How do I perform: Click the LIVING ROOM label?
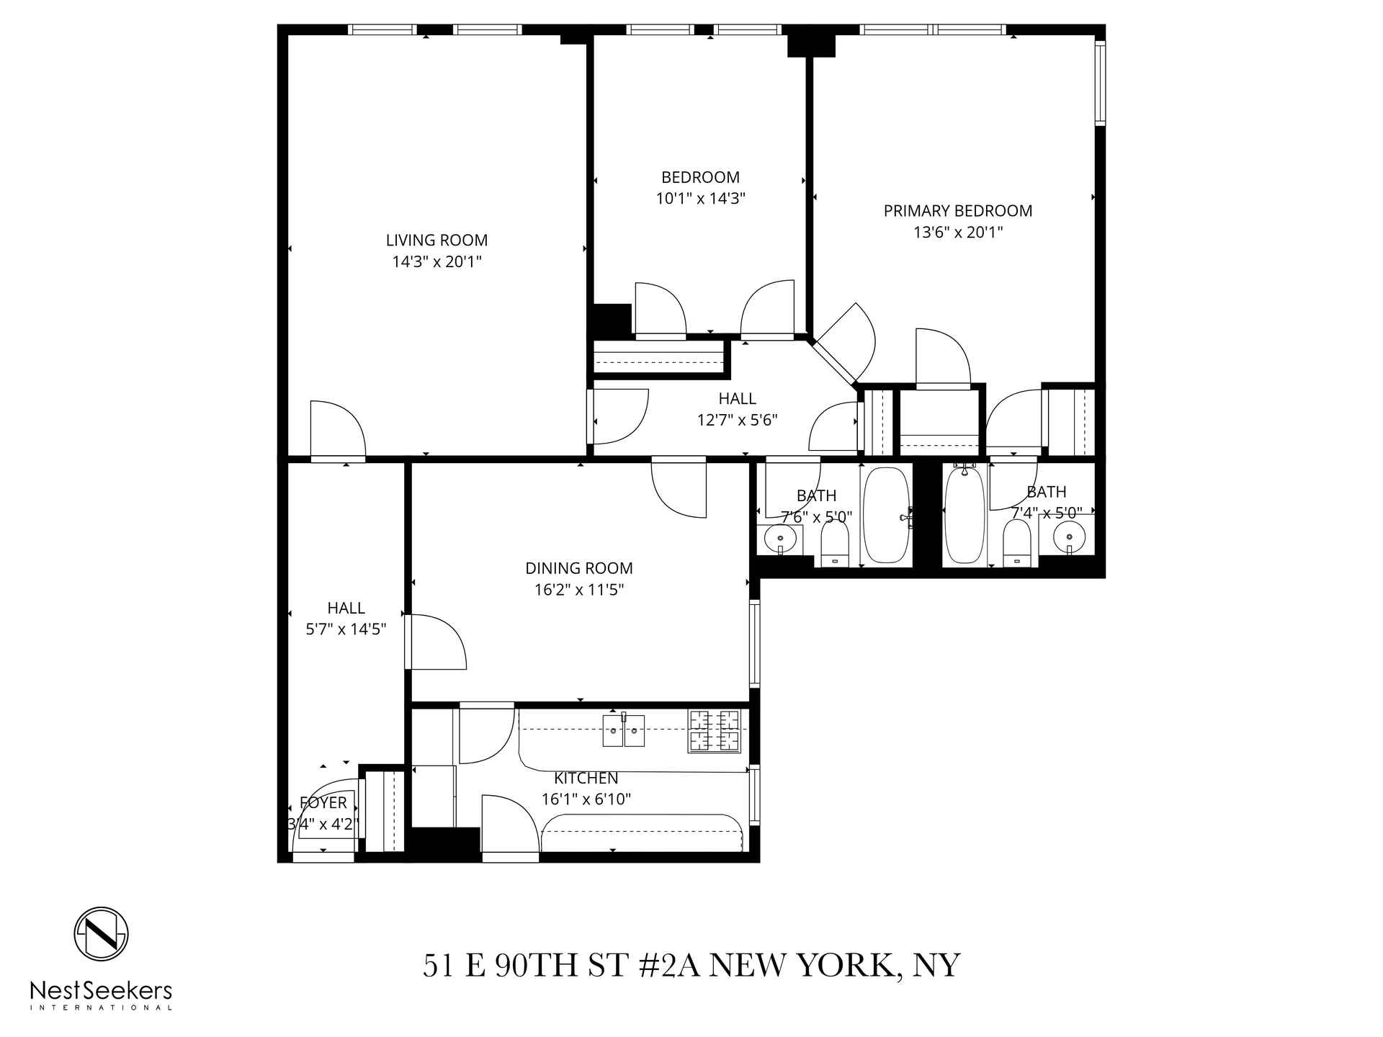437,241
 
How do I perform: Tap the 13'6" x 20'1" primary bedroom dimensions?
957,233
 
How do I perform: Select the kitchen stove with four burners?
714,731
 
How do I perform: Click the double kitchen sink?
624,730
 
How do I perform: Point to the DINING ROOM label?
578,568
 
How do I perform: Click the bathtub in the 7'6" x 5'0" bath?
887,515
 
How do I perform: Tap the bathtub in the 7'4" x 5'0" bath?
964,515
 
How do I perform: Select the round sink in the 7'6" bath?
780,537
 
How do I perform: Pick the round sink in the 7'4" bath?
1070,537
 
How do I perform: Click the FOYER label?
323,802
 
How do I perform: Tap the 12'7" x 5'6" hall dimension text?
737,420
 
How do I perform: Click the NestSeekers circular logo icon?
102,934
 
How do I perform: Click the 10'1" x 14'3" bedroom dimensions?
700,199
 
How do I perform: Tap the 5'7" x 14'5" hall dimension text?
346,629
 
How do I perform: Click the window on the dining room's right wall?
754,643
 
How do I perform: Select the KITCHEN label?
586,778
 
